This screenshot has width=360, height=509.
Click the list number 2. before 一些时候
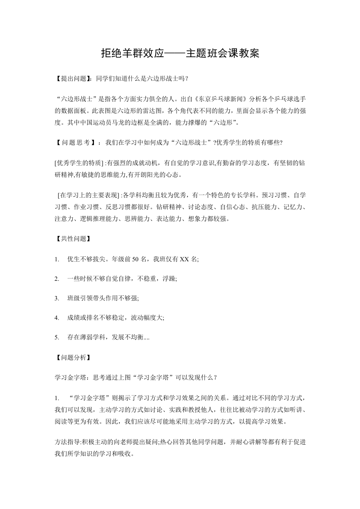[x=57, y=279]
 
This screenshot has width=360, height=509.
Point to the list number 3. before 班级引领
[x=57, y=299]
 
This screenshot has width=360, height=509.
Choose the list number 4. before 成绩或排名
[x=57, y=318]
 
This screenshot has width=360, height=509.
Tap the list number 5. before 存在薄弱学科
[x=57, y=338]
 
